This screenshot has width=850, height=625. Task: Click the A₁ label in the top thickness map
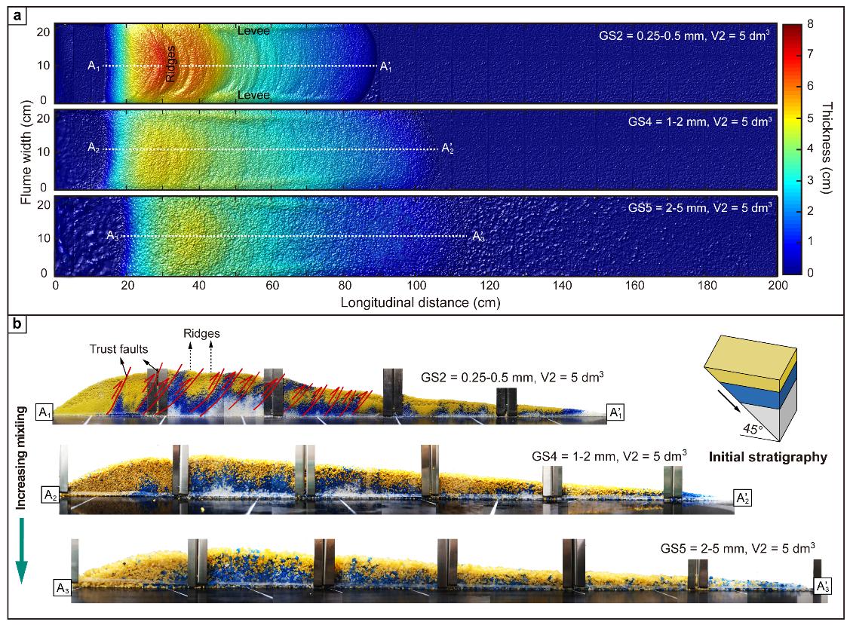94,66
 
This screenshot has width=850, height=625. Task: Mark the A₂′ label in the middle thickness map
448,148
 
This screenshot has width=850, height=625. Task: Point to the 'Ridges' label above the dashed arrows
201,332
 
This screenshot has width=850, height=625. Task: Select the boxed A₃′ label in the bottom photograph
823,585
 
